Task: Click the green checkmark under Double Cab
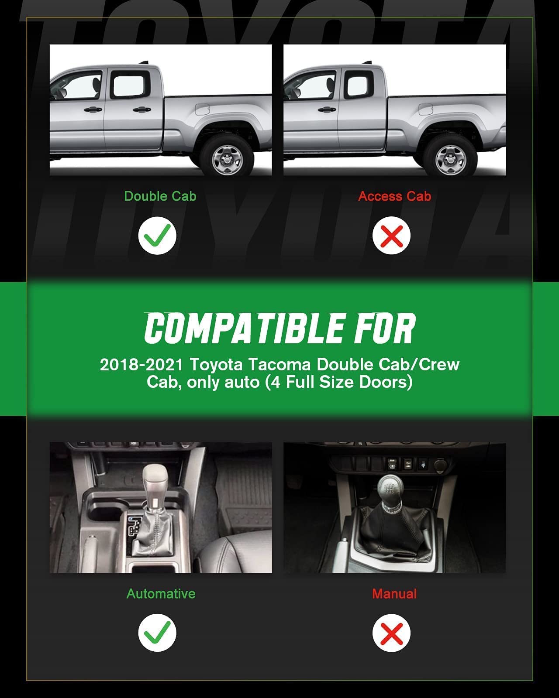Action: coord(157,236)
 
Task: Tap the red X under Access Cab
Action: coord(391,236)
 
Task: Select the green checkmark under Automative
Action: coord(157,633)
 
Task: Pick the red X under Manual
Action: coord(391,633)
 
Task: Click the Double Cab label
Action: coord(160,196)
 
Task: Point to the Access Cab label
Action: coord(395,196)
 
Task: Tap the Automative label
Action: coord(161,594)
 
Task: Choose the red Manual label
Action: coord(394,594)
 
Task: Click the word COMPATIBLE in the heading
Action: coord(244,328)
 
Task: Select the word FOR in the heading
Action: coord(385,328)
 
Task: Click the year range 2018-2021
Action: coord(141,365)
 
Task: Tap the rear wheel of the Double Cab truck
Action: coord(226,156)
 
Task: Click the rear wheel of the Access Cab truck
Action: coord(450,156)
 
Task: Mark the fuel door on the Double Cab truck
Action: coord(202,109)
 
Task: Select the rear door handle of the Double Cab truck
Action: coord(141,110)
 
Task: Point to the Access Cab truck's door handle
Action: coord(327,110)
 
